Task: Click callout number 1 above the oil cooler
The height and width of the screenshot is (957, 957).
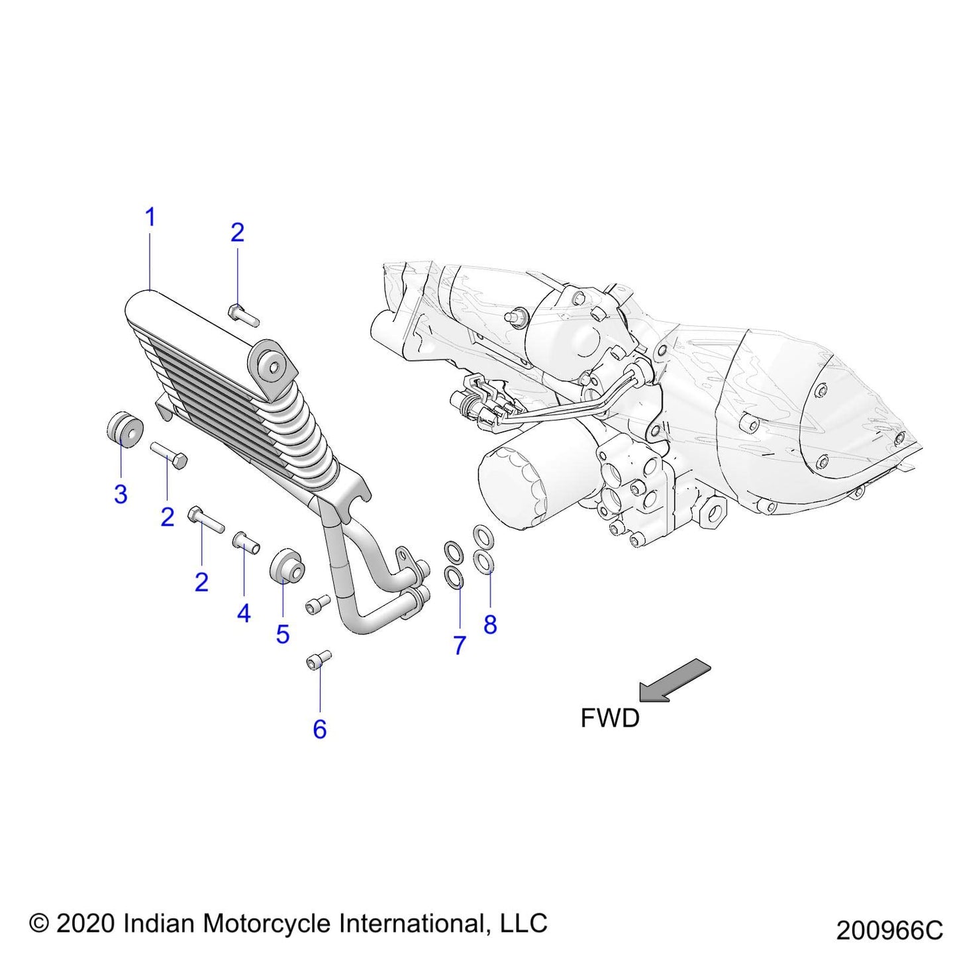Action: point(150,217)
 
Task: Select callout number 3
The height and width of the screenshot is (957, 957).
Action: point(121,494)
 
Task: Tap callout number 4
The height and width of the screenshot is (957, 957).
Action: point(244,614)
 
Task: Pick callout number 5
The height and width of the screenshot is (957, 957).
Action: point(283,634)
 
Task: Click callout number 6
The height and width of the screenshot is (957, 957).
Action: point(320,729)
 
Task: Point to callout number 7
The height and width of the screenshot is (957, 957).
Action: point(460,645)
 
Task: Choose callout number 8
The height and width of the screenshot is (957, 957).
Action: point(490,624)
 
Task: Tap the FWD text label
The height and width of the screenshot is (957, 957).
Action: point(610,718)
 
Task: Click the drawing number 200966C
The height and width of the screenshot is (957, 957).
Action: point(889,931)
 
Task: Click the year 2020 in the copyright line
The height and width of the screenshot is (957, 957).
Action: point(86,923)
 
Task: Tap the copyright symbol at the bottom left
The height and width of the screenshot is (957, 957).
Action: point(39,923)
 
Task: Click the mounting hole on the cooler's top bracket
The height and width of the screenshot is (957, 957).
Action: point(272,366)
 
